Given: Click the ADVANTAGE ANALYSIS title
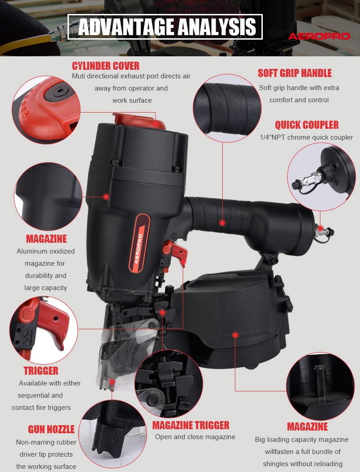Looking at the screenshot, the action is pyautogui.click(x=167, y=27).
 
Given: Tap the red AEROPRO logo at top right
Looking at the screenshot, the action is pyautogui.click(x=319, y=36).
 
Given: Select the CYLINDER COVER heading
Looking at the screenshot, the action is pyautogui.click(x=106, y=66).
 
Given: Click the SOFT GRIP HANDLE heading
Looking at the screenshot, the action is pyautogui.click(x=294, y=73).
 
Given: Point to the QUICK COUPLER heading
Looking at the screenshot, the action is pyautogui.click(x=307, y=125).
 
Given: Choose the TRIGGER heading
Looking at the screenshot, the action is pyautogui.click(x=41, y=371).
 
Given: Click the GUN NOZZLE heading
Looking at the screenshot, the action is pyautogui.click(x=51, y=429).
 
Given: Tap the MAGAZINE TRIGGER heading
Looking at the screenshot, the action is pyautogui.click(x=191, y=425).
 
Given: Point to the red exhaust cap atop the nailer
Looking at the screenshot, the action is pyautogui.click(x=139, y=121).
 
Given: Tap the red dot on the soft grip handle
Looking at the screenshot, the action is pyautogui.click(x=222, y=223).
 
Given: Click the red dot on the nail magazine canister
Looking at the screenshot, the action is pyautogui.click(x=235, y=335).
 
